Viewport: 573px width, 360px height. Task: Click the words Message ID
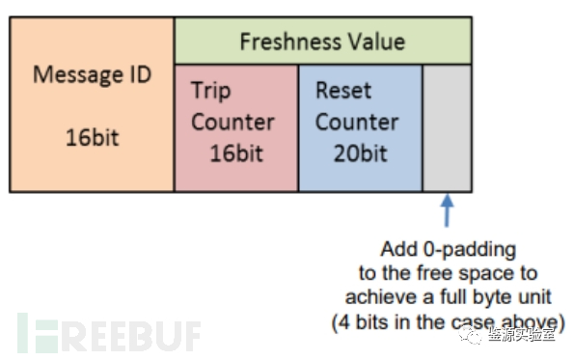[92, 74]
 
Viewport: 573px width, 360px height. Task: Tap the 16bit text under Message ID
[92, 136]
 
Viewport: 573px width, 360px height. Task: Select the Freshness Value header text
[322, 42]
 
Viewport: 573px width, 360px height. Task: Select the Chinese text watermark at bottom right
[521, 335]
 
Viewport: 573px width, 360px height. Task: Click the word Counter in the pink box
[232, 123]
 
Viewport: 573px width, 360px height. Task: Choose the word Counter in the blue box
[356, 123]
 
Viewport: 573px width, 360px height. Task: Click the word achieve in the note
[397, 297]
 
